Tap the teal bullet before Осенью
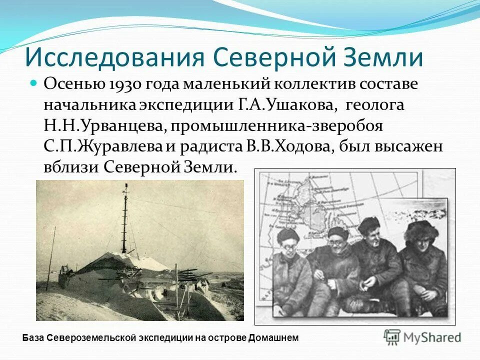[x=34, y=82]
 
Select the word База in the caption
[x=34, y=338]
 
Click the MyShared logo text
[x=433, y=337]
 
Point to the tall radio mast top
[x=126, y=187]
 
